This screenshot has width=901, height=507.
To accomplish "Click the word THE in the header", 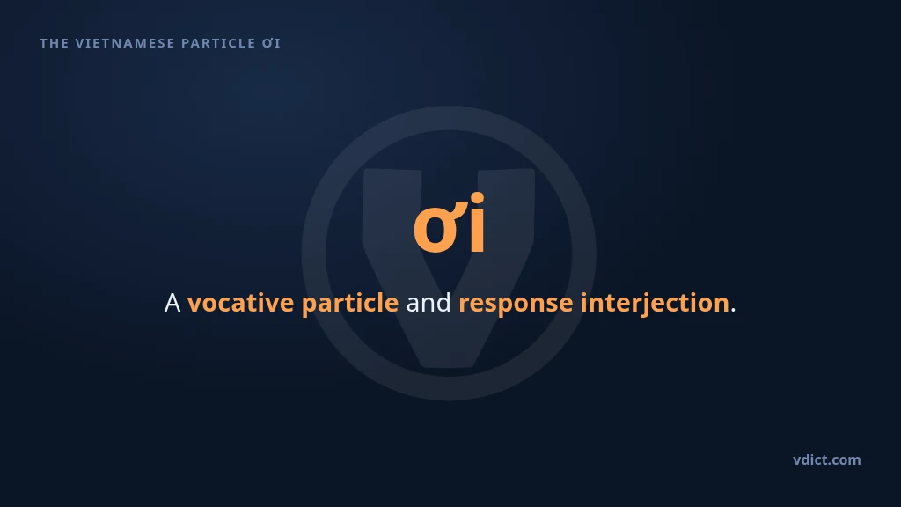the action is [54, 43].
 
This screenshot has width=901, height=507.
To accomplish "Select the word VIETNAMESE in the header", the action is [125, 43].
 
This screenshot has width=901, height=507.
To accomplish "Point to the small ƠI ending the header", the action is [271, 43].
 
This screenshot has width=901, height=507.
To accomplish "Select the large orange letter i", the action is [477, 223].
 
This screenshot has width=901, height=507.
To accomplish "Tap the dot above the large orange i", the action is [477, 199].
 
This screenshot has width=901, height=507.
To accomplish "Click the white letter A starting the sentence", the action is [172, 303].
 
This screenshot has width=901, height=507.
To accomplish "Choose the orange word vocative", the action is [240, 303].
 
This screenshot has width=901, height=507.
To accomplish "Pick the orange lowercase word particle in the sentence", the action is [350, 304].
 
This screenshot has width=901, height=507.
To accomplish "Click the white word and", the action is [429, 303].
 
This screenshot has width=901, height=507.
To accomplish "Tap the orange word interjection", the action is [655, 304].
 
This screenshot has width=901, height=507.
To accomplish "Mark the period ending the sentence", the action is [733, 311].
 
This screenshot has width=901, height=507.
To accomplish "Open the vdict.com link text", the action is [827, 459].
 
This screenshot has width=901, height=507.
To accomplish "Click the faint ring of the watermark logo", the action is [314, 253].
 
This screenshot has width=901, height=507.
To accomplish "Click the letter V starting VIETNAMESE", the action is [80, 43].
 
